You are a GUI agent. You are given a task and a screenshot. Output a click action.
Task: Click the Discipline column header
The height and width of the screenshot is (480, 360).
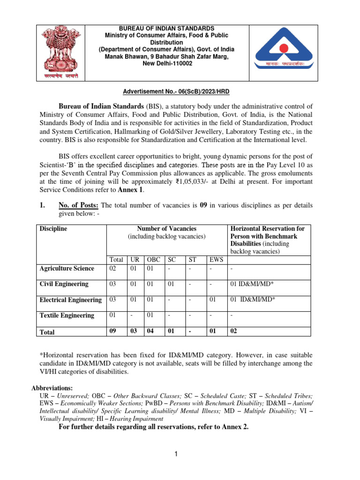[53, 229]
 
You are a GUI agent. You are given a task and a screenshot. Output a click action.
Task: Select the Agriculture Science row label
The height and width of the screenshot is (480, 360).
[67, 269]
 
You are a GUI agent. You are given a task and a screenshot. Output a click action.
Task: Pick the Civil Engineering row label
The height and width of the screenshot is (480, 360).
[64, 284]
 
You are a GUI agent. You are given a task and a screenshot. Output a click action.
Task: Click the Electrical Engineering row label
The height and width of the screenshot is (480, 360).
[70, 300]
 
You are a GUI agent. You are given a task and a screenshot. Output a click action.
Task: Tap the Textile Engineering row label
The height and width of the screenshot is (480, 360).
[67, 315]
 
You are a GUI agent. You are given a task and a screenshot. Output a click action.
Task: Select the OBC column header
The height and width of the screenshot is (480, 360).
[154, 259]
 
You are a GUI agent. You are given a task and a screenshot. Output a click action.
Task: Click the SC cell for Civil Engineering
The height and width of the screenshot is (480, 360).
[171, 284]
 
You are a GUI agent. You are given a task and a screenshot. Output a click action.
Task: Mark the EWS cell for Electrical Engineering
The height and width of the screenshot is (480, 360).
[213, 300]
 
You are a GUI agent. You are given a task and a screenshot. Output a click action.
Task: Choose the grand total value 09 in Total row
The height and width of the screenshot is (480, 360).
[112, 332]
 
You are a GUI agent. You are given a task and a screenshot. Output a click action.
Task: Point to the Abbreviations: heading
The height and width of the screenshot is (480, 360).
[52, 389]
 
